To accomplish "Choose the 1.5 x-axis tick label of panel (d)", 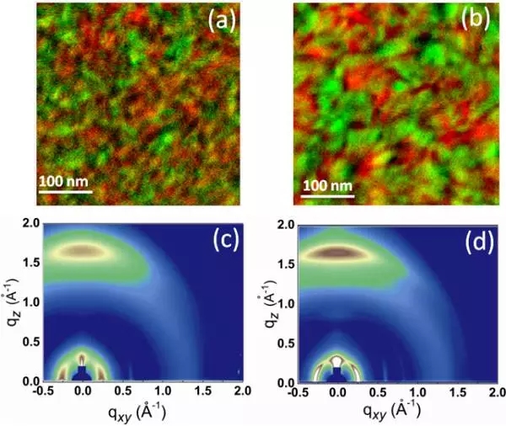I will coord(435,393).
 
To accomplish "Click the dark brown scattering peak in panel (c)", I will coord(82,251).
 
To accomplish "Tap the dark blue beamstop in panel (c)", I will coord(82,371).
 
